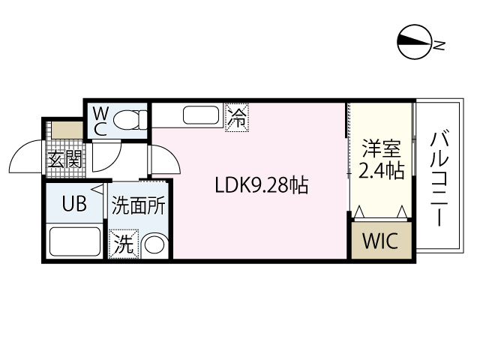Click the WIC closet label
[x=381, y=242]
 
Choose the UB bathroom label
[x=73, y=203]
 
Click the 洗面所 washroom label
[x=139, y=206]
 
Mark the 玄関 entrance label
[x=64, y=159]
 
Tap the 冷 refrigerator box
[x=236, y=118]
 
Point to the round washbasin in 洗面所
[x=154, y=245]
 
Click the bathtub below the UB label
[x=73, y=242]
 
